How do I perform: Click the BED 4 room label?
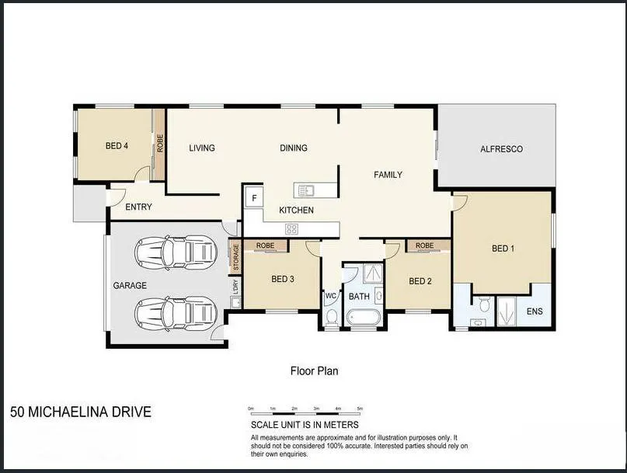point(117,145)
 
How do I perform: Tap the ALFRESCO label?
point(501,149)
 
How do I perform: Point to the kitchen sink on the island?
point(305,190)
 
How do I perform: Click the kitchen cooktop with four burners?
point(292,228)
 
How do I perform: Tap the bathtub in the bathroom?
point(363,317)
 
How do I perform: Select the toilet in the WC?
point(332,315)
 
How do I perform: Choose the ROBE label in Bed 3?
point(266,245)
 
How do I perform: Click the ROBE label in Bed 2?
point(424,245)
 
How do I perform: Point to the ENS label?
point(535,311)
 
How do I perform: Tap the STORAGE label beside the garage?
point(235,256)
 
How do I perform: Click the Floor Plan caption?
point(314,371)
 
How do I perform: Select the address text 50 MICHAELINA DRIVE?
point(81,412)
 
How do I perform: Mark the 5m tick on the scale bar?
point(360,409)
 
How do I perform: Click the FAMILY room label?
point(388,175)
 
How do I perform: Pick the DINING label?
point(294,148)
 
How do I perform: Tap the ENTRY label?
point(138,207)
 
